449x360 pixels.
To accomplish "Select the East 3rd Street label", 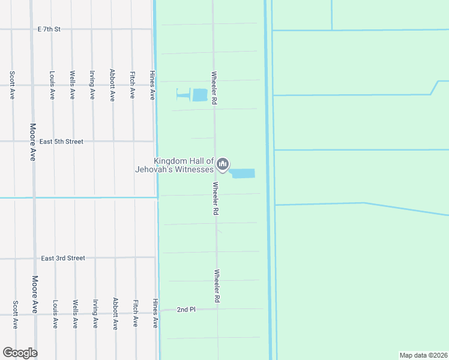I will (x=63, y=258).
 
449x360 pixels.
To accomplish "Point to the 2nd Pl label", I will (x=186, y=310).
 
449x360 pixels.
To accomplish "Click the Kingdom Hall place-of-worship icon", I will (x=223, y=164).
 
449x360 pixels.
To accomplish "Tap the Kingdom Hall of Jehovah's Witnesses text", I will (x=183, y=165).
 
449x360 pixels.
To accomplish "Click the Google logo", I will (x=20, y=353).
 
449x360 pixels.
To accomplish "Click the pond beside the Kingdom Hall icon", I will (x=243, y=173).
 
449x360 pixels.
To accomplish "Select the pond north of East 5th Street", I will (x=199, y=95).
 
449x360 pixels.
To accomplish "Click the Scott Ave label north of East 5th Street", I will (x=12, y=85).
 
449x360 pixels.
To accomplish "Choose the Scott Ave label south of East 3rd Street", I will (x=16, y=314).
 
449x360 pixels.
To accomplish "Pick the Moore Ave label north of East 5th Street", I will (x=33, y=143).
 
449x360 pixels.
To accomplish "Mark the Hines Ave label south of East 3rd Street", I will (x=155, y=313).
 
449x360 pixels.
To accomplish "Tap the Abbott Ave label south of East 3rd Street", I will (x=115, y=313).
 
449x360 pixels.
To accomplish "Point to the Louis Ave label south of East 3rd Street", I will (x=55, y=314).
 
